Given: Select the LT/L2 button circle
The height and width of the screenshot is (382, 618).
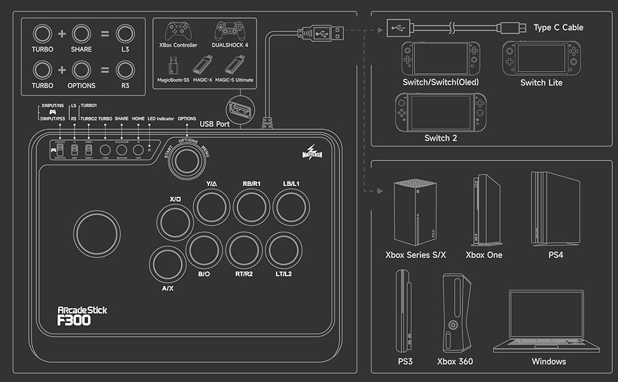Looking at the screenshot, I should pos(284,250).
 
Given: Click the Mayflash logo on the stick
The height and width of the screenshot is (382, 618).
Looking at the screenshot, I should pos(315,151).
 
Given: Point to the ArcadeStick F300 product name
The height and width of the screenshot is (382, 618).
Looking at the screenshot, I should pos(82,316).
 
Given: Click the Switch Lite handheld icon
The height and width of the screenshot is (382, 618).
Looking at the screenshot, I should pos(542,58).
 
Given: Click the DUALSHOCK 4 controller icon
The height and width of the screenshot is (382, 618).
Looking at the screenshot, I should pos(229,31).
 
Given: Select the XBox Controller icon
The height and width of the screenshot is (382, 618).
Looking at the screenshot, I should pos(178,31).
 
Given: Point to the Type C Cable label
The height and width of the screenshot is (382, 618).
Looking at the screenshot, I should pos(558,27).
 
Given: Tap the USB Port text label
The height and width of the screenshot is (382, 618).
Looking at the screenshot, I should pos(214,124).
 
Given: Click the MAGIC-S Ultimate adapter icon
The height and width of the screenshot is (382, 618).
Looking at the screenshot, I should pos(234,65).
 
